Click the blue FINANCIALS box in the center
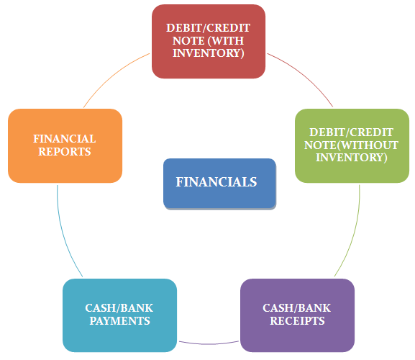(x=219, y=184)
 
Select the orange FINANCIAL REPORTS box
(x=65, y=145)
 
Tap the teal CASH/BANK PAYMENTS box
(x=119, y=315)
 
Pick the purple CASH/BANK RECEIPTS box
(x=297, y=315)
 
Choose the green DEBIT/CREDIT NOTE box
(x=352, y=145)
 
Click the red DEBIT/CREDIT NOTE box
(x=209, y=41)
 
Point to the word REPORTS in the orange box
(x=65, y=151)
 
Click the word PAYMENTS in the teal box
(x=119, y=321)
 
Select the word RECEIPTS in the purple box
(x=297, y=321)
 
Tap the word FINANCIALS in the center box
(x=216, y=182)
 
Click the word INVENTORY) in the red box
(x=209, y=53)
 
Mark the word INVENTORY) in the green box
(x=352, y=158)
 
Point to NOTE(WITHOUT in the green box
(x=351, y=145)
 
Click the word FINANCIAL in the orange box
(x=65, y=139)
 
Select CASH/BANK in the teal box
(x=119, y=308)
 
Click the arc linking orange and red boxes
(x=113, y=76)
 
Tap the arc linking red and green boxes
(x=304, y=75)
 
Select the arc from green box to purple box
(x=354, y=233)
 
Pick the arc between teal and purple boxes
(x=209, y=344)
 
